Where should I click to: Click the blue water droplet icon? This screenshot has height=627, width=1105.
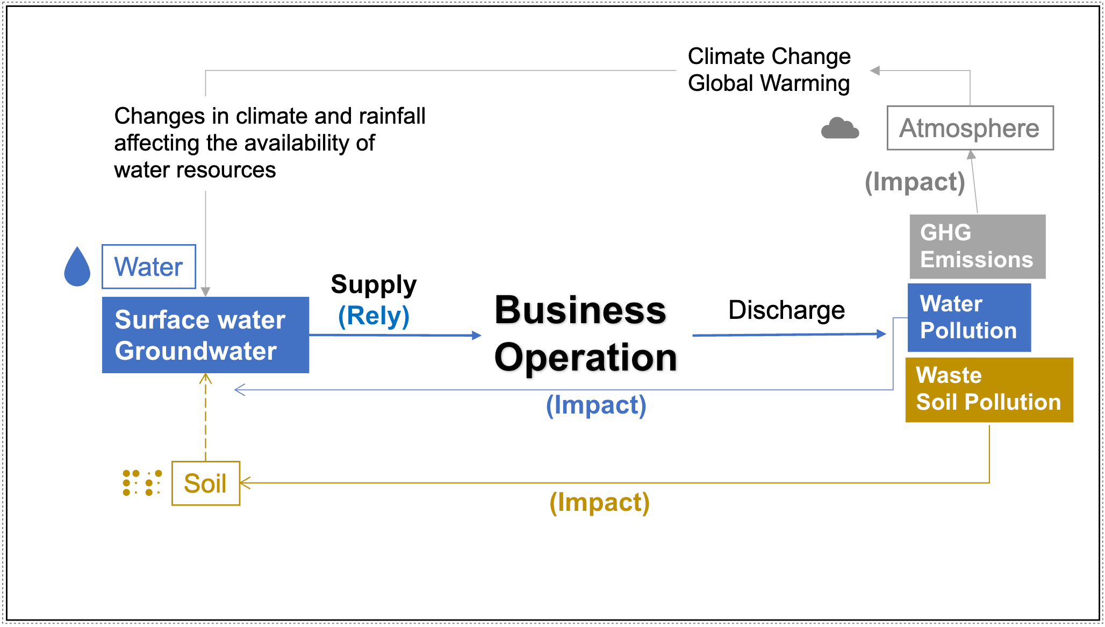[x=77, y=267]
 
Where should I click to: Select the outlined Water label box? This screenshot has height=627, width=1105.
[x=149, y=267]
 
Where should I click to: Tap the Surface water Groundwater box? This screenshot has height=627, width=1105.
[x=205, y=335]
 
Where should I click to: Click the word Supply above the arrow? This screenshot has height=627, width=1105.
[x=374, y=285]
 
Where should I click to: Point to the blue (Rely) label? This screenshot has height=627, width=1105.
[x=374, y=316]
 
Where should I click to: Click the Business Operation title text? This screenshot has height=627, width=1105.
[x=585, y=333]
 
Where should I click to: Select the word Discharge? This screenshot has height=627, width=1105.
[x=786, y=310]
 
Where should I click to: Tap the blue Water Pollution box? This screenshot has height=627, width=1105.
[x=969, y=317]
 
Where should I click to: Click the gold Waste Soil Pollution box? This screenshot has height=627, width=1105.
[x=989, y=390]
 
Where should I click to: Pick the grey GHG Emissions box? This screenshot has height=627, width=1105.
[x=978, y=247]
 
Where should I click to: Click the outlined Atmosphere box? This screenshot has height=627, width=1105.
[x=970, y=128]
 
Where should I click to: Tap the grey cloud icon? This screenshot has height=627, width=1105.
[x=840, y=128]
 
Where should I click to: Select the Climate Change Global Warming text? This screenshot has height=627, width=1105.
[x=769, y=70]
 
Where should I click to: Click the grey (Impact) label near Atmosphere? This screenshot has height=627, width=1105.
[x=915, y=182]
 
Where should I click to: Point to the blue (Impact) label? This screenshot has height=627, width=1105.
[x=596, y=405]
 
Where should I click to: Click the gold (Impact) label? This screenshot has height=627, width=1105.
[x=599, y=503]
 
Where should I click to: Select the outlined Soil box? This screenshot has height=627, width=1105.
[x=206, y=483]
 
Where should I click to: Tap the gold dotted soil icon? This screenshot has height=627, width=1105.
[x=142, y=483]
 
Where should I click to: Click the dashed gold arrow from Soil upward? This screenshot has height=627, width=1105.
[x=205, y=417]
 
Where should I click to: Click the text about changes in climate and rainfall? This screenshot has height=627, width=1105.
[x=270, y=143]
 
